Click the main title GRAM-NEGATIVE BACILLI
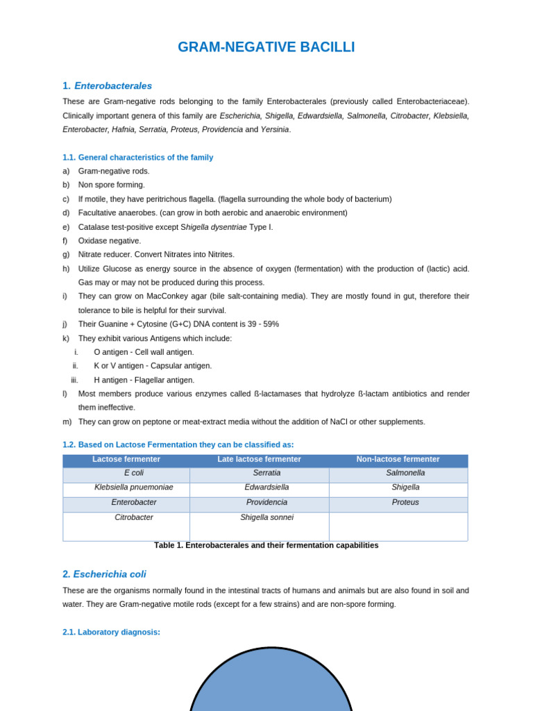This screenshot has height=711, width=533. (266, 47)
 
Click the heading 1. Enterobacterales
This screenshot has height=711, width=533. (107, 86)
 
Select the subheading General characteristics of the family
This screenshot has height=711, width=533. (137, 158)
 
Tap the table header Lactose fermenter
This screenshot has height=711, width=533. (126, 460)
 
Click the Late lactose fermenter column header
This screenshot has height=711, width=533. (259, 460)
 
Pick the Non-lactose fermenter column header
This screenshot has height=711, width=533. (398, 460)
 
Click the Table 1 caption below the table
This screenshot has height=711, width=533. (266, 546)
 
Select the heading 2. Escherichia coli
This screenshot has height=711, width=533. (104, 574)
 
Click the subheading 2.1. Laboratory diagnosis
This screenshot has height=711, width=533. (111, 633)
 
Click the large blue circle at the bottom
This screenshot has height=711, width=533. (271, 684)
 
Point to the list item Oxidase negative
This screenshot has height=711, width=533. (109, 241)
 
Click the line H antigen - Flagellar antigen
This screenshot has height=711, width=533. (144, 380)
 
